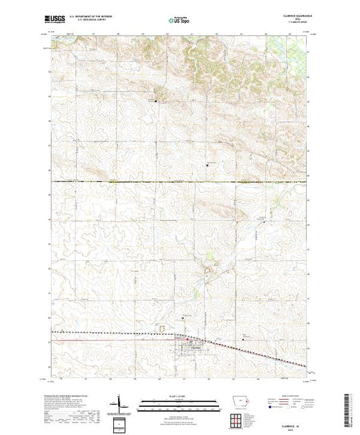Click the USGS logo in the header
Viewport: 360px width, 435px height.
[x=57, y=21]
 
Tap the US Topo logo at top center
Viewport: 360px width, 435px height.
[x=179, y=21]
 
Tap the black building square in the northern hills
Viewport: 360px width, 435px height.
[x=156, y=101]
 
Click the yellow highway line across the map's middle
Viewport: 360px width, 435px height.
[x=180, y=182]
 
